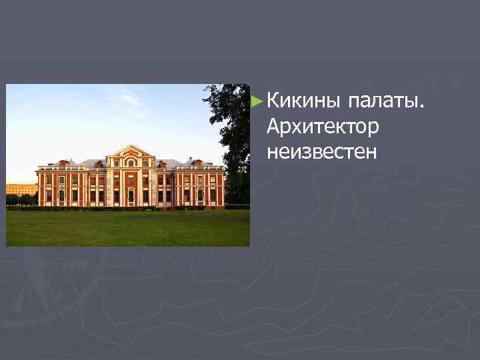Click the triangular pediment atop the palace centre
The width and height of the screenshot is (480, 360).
(131, 151)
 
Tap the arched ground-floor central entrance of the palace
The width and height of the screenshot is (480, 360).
(131, 196)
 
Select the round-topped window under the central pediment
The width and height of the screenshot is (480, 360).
(131, 162)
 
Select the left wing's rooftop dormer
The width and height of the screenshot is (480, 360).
(63, 163)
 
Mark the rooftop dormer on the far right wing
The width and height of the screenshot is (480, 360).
(198, 162)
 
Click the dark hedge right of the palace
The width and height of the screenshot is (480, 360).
(237, 207)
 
